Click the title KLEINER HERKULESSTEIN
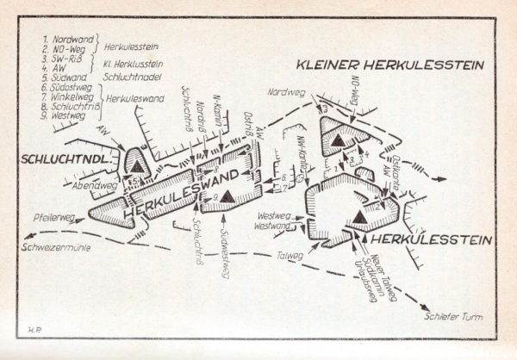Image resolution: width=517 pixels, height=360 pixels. click(x=390, y=65)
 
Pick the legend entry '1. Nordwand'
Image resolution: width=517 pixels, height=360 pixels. click(x=70, y=40)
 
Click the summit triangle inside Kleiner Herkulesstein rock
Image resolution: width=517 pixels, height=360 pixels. click(x=342, y=140)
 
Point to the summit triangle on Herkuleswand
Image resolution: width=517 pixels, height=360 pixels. click(x=227, y=197)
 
